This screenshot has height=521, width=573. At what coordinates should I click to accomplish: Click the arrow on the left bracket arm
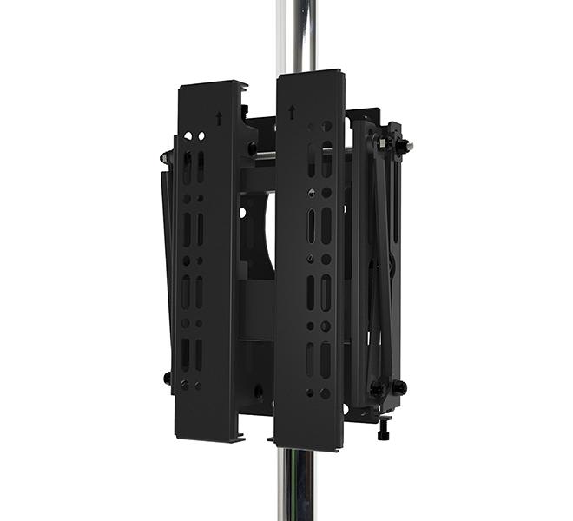[219, 119]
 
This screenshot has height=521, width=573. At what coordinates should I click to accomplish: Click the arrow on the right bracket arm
[292, 112]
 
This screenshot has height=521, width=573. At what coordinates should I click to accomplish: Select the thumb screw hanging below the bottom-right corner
[382, 428]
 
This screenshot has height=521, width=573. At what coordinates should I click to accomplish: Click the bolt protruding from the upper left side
[166, 158]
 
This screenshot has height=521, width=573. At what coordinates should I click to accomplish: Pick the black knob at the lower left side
[168, 378]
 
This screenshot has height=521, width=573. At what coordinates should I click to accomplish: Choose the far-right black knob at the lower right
[399, 386]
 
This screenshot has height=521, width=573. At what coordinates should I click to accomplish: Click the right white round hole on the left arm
[201, 136]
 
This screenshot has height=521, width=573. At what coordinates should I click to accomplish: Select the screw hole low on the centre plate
[258, 393]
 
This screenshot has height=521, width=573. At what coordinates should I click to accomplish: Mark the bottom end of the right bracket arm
[309, 445]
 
